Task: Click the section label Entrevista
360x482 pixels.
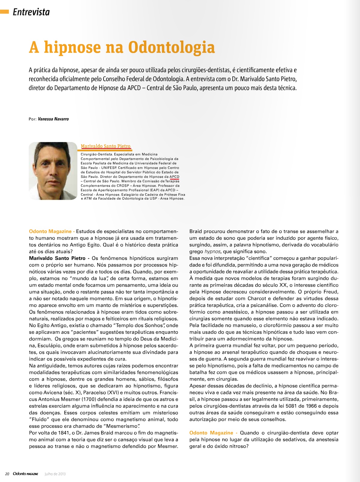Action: [31, 12]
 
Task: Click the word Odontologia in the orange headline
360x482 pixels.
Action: [171, 48]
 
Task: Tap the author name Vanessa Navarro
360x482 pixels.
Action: [53, 119]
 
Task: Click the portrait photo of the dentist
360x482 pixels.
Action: [53, 171]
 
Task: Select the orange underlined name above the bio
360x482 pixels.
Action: [106, 146]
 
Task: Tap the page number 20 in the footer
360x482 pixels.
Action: [7, 474]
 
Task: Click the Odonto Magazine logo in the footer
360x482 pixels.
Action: [26, 474]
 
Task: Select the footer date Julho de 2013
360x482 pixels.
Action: [55, 474]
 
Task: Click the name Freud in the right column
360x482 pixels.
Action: [331, 292]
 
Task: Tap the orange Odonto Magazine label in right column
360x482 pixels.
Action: [211, 433]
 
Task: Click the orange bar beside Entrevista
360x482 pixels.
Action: [4, 12]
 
